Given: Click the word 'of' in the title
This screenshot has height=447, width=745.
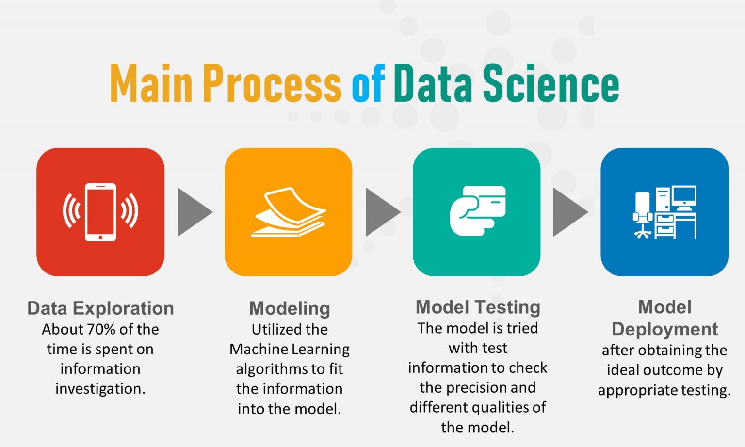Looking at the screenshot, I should tap(368, 84).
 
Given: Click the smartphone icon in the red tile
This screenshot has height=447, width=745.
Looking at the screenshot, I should tap(100, 212).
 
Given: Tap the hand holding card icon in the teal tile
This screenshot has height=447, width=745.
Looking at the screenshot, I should tap(478, 210).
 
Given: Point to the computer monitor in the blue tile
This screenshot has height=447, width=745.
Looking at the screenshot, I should tap(684, 196).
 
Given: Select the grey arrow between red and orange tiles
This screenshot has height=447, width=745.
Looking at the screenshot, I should tap(194, 212).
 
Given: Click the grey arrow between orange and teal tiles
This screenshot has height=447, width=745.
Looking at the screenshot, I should tap(382, 212).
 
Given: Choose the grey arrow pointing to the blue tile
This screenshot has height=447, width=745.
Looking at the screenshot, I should tap(570, 212).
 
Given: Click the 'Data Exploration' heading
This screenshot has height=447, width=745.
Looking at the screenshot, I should tap(100, 308).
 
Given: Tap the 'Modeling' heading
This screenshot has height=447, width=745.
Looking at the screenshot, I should tap(290, 308).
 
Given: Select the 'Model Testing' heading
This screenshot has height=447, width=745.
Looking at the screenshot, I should tap(478, 307).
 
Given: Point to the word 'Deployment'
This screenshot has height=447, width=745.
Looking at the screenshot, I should tap(664, 329).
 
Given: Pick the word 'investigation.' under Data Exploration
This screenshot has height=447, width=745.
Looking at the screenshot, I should tap(100, 389).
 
